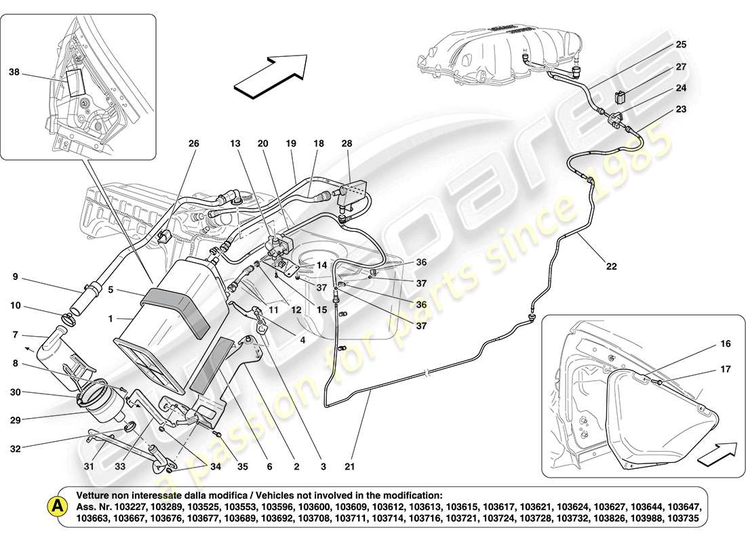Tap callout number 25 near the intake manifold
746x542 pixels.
pos(680,45)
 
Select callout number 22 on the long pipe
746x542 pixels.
pos(612,266)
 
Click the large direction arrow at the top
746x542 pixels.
pos(270,76)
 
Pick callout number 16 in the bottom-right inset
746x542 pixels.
pos(707,344)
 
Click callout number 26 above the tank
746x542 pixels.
pos(194,144)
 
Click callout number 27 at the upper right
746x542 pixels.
pos(680,67)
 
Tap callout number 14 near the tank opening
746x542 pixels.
pos(321,265)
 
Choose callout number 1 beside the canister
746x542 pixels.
pos(111,317)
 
